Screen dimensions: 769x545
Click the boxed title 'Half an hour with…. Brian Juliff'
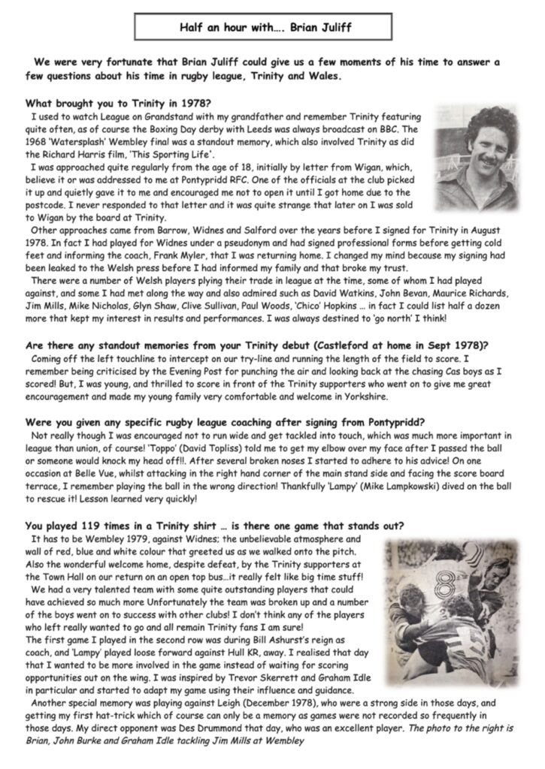point(271,28)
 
